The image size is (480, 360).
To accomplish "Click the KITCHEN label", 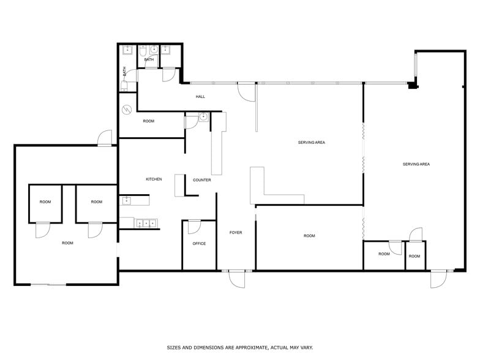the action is pyautogui.click(x=154, y=179).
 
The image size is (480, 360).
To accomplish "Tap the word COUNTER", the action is pyautogui.click(x=202, y=180).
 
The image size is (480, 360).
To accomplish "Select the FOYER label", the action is pyautogui.click(x=236, y=233).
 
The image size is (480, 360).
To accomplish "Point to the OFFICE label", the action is pyautogui.click(x=199, y=244).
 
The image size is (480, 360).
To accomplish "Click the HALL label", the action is pyautogui.click(x=201, y=97).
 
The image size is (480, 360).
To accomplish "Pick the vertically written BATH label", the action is pyautogui.click(x=125, y=71).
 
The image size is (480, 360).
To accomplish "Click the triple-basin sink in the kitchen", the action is pyautogui.click(x=146, y=223).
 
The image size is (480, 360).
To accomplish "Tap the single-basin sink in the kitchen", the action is pyautogui.click(x=126, y=201).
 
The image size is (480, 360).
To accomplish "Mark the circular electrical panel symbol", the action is pyautogui.click(x=127, y=110).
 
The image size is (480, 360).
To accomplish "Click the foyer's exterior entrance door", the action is pyautogui.click(x=238, y=279).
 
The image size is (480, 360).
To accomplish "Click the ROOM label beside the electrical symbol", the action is pyautogui.click(x=148, y=121).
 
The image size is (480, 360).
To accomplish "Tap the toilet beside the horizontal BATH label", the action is pyautogui.click(x=143, y=51).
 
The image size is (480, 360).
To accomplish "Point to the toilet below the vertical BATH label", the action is pyautogui.click(x=124, y=86).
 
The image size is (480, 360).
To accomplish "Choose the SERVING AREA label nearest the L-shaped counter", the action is pyautogui.click(x=311, y=142).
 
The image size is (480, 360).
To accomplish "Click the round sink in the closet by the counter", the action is pyautogui.click(x=203, y=116).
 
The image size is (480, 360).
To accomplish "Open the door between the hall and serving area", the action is pyautogui.click(x=246, y=92).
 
